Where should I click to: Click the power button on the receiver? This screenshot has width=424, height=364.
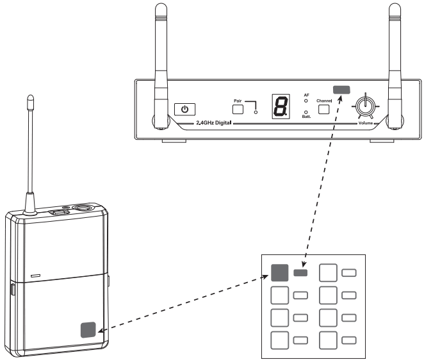pyautogui.click(x=185, y=108)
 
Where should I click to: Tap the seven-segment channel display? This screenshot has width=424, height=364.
pyautogui.click(x=279, y=106)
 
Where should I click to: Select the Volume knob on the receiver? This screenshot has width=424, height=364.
pyautogui.click(x=366, y=104)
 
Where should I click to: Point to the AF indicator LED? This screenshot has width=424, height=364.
pyautogui.click(x=306, y=101)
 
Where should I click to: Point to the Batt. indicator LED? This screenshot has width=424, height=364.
pyautogui.click(x=306, y=112)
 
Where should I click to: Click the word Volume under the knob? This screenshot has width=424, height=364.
pyautogui.click(x=366, y=122)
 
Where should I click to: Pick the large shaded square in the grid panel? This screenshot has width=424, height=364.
pyautogui.click(x=280, y=274)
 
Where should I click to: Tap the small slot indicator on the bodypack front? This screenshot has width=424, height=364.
pyautogui.click(x=34, y=277)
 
